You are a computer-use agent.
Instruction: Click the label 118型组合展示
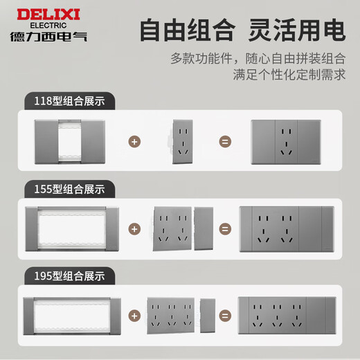69,102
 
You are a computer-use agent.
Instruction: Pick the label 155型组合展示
69,188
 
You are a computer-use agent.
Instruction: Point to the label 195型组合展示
69,276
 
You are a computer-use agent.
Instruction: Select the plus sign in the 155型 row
134,228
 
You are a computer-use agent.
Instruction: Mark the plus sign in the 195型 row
134,315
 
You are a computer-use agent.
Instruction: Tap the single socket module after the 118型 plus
182,142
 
